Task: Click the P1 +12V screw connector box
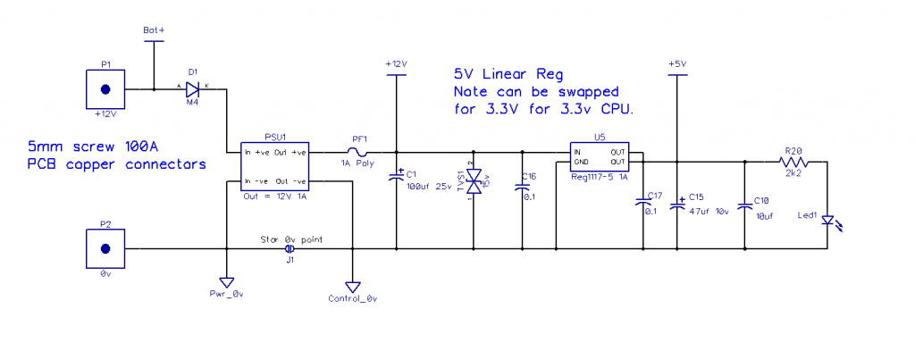[x=105, y=89]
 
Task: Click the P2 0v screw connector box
[x=105, y=247]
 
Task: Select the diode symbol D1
[x=192, y=89]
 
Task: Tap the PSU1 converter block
[x=276, y=167]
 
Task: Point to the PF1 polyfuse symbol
[x=360, y=152]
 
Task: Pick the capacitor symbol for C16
[x=522, y=188]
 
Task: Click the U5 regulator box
[x=599, y=158]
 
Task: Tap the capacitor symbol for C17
[x=642, y=205]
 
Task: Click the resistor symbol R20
[x=793, y=162]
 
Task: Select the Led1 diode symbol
[x=827, y=220]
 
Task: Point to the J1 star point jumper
[x=289, y=249]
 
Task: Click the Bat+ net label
[x=154, y=30]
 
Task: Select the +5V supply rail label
[x=676, y=63]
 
